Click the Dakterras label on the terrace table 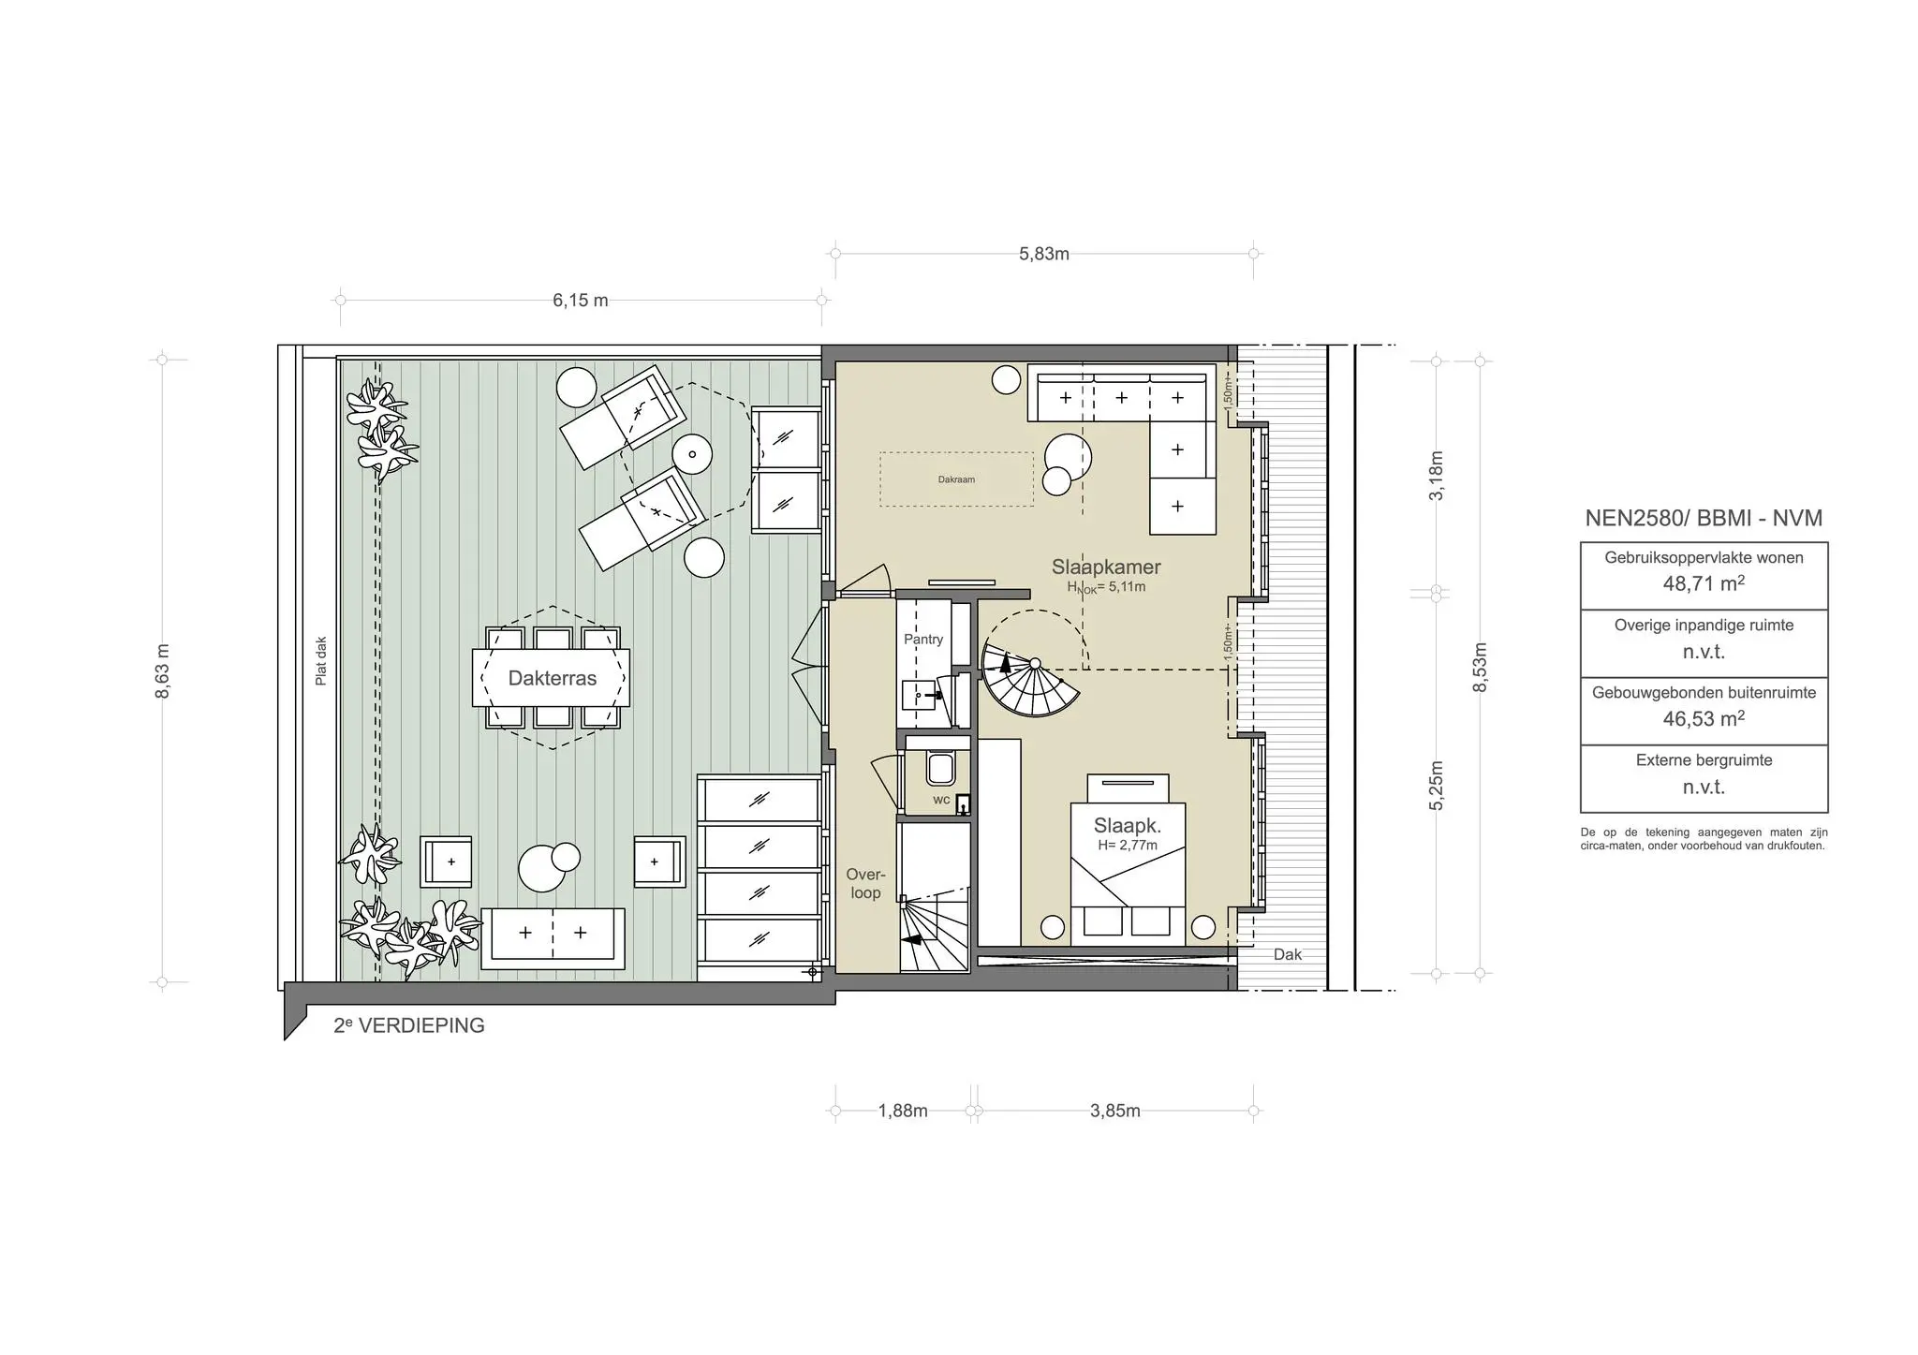tap(552, 678)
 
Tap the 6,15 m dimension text tap(580, 301)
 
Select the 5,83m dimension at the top tap(1044, 254)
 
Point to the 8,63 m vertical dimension tap(163, 670)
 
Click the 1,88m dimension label tap(903, 1111)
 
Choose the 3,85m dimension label tap(1115, 1111)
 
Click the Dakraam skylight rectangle tap(956, 479)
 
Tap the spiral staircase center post tap(1035, 663)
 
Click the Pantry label tap(923, 639)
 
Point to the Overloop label tap(865, 884)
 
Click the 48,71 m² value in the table tap(1704, 583)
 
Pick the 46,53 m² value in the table tap(1704, 718)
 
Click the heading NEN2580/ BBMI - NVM tap(1704, 518)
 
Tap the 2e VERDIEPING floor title tap(409, 1025)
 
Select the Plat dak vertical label tap(321, 661)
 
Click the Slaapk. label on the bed tap(1128, 826)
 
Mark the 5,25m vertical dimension tap(1438, 786)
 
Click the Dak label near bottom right tap(1288, 954)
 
